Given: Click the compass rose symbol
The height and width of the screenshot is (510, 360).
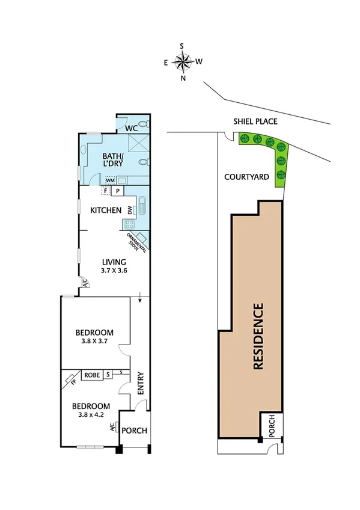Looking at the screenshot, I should (183, 61).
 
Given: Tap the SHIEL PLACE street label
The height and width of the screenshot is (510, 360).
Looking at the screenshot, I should (255, 121).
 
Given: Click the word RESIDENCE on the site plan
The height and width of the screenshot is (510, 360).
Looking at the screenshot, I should (258, 337).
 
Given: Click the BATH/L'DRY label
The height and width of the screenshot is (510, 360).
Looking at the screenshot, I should (102, 159).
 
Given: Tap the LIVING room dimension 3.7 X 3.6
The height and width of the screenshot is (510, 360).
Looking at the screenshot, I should (114, 271).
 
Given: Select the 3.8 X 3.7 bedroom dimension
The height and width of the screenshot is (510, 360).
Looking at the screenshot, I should (94, 341).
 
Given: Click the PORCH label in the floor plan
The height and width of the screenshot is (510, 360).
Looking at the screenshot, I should (134, 431).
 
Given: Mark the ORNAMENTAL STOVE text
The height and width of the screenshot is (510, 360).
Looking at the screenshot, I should (133, 242).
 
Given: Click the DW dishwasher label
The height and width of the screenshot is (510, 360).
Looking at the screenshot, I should (129, 210).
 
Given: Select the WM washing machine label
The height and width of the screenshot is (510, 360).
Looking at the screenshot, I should (110, 180).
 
